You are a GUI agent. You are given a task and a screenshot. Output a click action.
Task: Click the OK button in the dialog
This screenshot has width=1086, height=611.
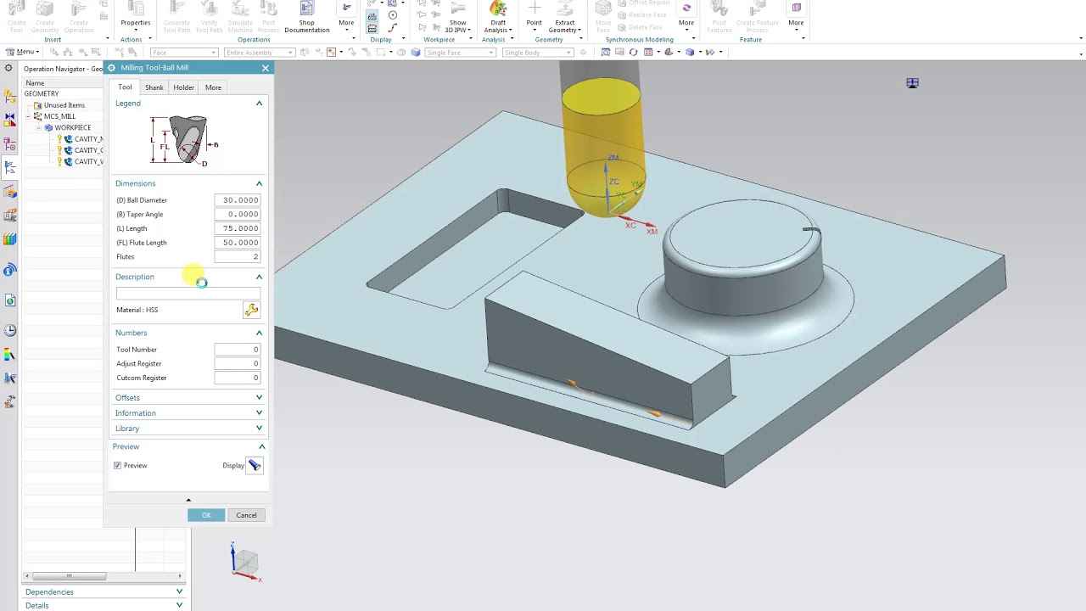click(206, 515)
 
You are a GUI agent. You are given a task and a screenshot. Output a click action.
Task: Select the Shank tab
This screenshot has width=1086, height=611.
click(154, 87)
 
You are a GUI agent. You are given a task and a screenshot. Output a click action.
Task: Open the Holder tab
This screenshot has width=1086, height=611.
click(183, 87)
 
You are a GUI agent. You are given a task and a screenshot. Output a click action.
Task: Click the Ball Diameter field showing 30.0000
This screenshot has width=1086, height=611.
click(238, 200)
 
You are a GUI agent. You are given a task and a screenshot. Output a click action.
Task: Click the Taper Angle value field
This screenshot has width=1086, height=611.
click(238, 215)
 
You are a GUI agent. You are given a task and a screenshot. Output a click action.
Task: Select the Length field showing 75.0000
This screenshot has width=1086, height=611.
click(238, 228)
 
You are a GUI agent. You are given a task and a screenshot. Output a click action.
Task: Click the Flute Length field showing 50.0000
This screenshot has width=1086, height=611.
click(238, 243)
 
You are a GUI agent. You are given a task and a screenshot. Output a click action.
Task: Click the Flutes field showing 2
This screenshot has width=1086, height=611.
click(238, 256)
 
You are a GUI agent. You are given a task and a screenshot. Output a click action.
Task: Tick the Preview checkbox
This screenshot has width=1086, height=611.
click(118, 466)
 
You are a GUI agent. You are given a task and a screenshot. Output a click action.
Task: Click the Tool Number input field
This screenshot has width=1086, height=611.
click(238, 350)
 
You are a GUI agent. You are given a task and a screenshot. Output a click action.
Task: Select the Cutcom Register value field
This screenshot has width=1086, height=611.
click(238, 378)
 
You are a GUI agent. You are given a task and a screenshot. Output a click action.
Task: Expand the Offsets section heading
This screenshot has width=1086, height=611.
click(127, 398)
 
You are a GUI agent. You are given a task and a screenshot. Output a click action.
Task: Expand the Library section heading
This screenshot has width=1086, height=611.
click(127, 429)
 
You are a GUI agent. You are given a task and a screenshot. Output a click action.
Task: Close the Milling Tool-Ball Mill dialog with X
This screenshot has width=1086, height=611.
click(266, 68)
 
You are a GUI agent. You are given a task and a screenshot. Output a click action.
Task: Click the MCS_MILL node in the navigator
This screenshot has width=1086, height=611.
click(59, 116)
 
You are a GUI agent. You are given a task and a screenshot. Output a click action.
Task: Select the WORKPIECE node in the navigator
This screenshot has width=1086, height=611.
click(72, 127)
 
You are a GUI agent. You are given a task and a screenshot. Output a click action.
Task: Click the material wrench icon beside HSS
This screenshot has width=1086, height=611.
click(251, 311)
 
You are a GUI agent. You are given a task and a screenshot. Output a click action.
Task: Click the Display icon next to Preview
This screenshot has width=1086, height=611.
click(255, 466)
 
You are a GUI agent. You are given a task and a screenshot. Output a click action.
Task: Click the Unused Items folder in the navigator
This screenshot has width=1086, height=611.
click(64, 105)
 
